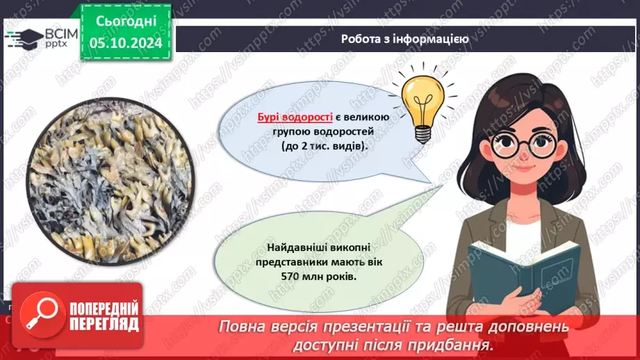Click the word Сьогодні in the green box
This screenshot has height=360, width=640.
point(126,20)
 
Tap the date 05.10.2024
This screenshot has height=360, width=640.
point(126,43)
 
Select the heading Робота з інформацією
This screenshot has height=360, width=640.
point(404,39)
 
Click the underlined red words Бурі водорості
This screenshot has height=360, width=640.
point(295,117)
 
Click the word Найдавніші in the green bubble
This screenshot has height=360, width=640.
point(291,247)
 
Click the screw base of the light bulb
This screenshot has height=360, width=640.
point(423,134)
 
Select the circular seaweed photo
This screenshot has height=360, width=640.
point(110,181)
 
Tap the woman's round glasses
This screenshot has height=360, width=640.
point(524,145)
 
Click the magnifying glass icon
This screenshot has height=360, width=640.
point(42,313)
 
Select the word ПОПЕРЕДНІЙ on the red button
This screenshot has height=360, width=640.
point(104,309)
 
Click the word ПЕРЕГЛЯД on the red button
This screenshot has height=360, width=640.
point(104,324)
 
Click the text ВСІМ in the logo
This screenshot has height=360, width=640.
point(61,34)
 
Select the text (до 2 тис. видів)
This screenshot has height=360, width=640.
point(324,146)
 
